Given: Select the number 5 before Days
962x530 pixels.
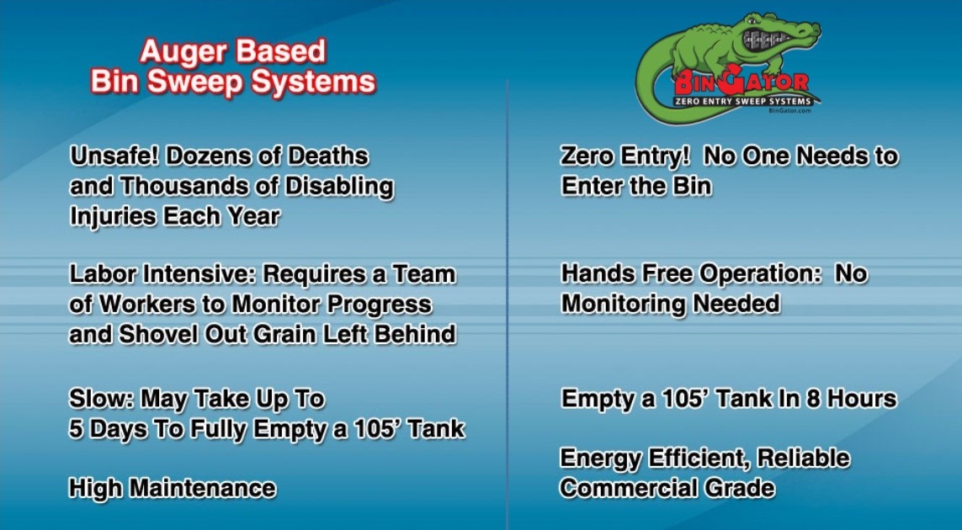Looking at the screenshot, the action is pos(76,429).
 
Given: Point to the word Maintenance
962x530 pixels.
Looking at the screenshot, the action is pos(203,488).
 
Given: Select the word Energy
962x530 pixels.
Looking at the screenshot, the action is pos(599,458).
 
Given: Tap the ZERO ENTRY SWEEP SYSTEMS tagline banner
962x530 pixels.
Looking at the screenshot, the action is pos(743,101).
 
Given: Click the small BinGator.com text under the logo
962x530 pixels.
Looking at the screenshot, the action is pos(789,111).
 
